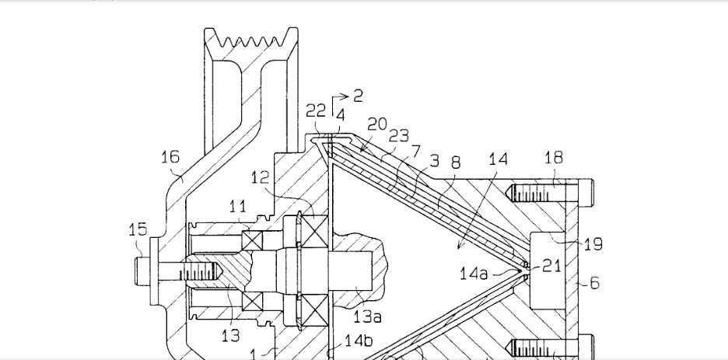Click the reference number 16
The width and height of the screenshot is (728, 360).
(170, 158)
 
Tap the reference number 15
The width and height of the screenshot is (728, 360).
(138, 229)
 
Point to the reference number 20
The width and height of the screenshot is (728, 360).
(377, 124)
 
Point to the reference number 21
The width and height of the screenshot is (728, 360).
(551, 267)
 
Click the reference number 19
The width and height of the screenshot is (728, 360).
(593, 245)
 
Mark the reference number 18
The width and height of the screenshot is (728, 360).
(553, 159)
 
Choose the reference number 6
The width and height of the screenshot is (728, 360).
(594, 284)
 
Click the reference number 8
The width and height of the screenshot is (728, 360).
(456, 163)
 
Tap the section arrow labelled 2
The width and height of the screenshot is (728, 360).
(357, 96)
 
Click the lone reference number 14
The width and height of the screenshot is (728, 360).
(498, 159)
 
